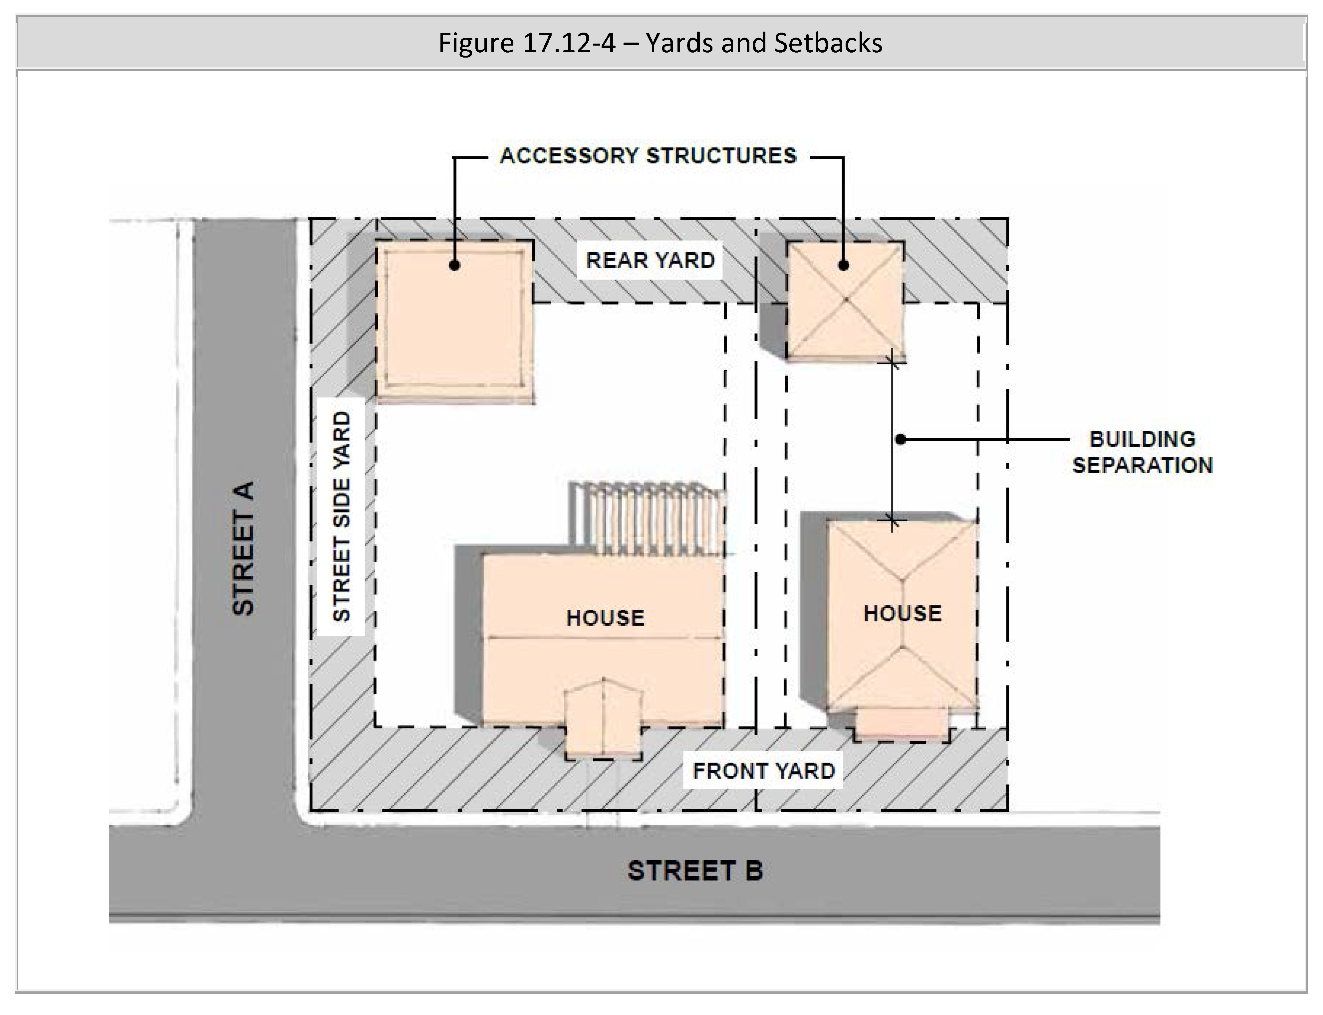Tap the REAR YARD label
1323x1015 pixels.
(x=650, y=260)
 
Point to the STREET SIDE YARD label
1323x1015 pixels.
(x=342, y=516)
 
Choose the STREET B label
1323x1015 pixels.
(x=695, y=871)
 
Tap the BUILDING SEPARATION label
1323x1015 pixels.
(x=1142, y=452)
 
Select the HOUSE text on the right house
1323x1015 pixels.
(x=902, y=613)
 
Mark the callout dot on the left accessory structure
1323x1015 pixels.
(x=455, y=265)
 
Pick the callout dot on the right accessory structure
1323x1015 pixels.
(x=844, y=265)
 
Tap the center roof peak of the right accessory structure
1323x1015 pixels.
(x=846, y=299)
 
